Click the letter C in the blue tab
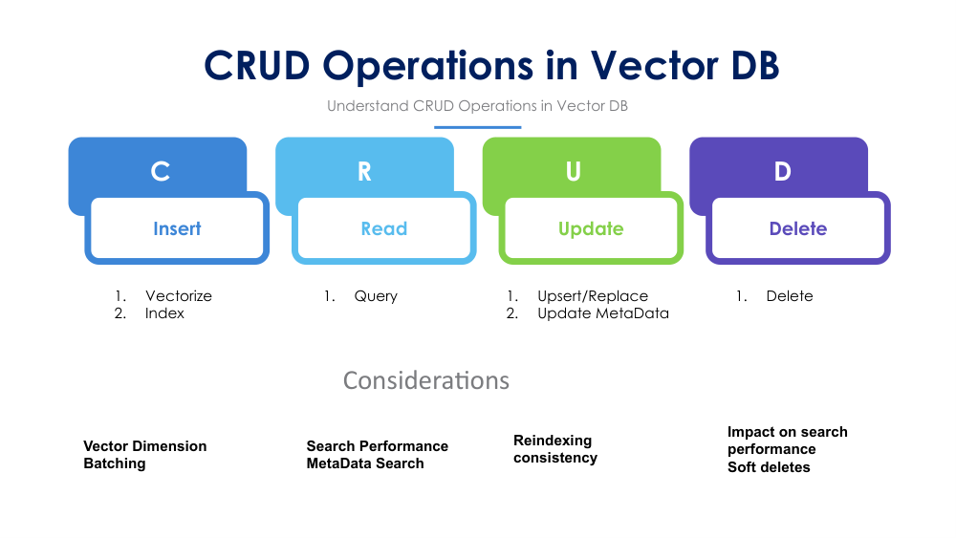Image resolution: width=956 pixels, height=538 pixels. click(x=161, y=171)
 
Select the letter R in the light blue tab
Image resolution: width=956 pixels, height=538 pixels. click(x=364, y=171)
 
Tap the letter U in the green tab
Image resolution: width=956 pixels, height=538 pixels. click(x=573, y=171)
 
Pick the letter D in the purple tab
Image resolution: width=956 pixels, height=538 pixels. click(x=782, y=171)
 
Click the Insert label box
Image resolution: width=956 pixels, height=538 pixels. click(x=177, y=229)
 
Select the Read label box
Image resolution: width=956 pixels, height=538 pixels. click(x=383, y=229)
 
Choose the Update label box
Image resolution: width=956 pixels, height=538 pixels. click(x=591, y=229)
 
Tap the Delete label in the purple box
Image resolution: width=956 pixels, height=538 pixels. click(x=797, y=229)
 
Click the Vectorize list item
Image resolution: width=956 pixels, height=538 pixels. click(x=178, y=296)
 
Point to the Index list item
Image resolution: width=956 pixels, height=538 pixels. click(x=164, y=313)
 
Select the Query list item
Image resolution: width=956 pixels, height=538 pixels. click(x=376, y=296)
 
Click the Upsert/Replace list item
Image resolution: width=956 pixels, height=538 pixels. click(x=592, y=296)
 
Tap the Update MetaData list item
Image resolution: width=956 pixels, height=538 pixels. click(x=602, y=313)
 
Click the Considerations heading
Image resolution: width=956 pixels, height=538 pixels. click(x=426, y=380)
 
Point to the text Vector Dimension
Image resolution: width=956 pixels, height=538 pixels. click(x=144, y=446)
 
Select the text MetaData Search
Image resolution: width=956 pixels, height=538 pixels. click(x=364, y=463)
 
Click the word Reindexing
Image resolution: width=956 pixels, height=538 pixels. click(x=553, y=441)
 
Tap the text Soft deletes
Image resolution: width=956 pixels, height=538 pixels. click(x=769, y=467)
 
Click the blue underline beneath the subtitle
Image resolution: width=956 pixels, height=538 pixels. click(x=477, y=127)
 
